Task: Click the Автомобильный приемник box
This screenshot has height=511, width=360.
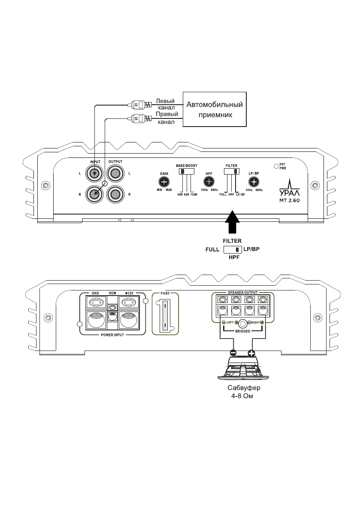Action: tap(215, 109)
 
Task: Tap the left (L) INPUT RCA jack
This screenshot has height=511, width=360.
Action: tap(94, 174)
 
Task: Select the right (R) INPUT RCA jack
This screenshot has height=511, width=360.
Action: tap(94, 194)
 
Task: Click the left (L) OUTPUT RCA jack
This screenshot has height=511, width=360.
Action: tap(115, 174)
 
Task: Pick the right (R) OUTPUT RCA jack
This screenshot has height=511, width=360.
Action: tap(115, 194)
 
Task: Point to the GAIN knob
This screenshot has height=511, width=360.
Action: tap(163, 182)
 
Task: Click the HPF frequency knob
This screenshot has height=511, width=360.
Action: tap(209, 182)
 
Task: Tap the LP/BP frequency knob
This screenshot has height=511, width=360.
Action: tap(254, 182)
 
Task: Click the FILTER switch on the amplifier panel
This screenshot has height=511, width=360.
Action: tap(231, 171)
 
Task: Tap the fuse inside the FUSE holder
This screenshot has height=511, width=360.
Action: tap(165, 316)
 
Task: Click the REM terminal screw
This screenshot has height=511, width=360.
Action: tap(112, 308)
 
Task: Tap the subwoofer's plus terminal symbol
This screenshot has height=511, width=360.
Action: tap(251, 354)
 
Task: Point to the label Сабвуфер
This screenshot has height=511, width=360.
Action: tap(243, 388)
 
